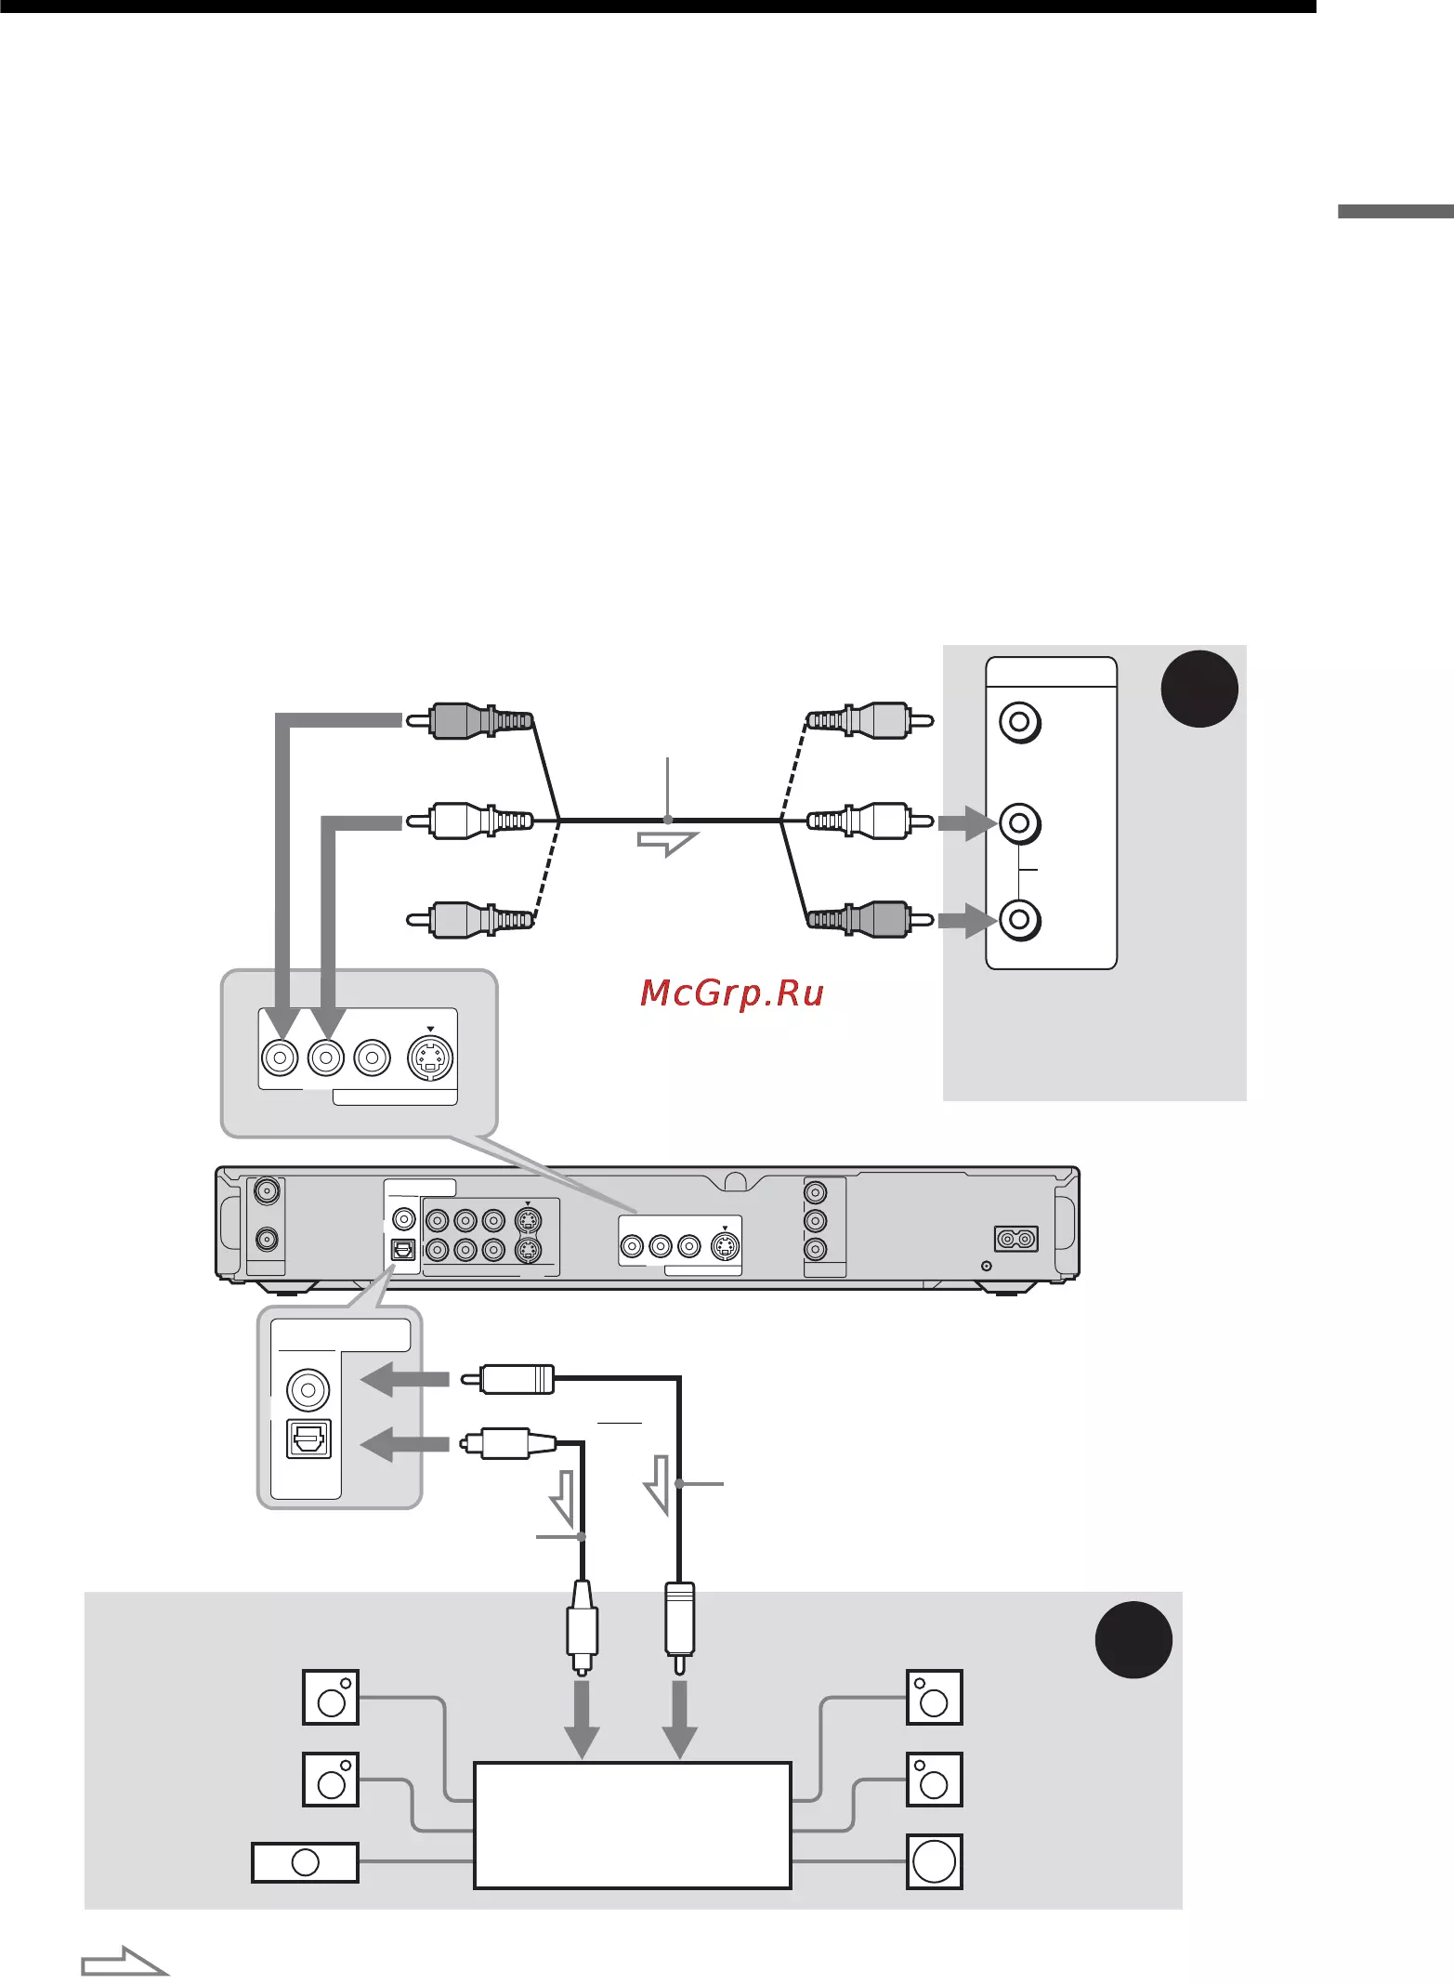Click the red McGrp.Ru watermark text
[732, 993]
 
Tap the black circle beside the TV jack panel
[1199, 689]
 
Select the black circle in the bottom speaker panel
[1133, 1639]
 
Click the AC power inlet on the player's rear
[1016, 1239]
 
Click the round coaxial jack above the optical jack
[308, 1389]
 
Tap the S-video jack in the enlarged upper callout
[430, 1058]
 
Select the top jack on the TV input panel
[1019, 722]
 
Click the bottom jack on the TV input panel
[1019, 920]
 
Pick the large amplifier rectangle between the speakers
[633, 1824]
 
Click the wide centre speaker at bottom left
[305, 1862]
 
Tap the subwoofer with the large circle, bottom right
[934, 1861]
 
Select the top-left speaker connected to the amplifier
[331, 1697]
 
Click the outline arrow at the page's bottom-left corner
[124, 1962]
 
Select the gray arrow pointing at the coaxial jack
[404, 1381]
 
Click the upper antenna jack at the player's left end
[267, 1190]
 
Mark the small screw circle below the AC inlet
[987, 1266]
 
